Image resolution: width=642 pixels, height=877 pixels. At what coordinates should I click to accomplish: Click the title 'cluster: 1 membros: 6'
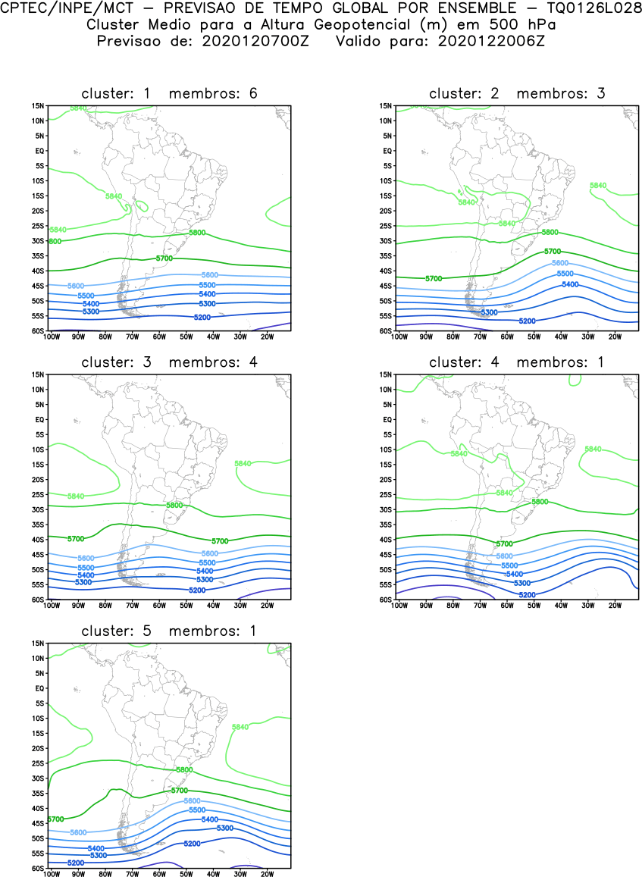[170, 93]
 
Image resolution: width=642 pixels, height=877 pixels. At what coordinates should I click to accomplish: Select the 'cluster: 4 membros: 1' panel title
[517, 362]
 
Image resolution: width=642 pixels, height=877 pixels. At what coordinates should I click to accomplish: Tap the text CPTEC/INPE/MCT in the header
[56, 8]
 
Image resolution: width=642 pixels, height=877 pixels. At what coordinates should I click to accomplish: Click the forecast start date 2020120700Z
[252, 41]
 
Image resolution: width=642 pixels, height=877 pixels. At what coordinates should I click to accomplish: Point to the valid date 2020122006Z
[491, 41]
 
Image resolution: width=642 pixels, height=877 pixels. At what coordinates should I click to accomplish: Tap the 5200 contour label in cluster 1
[202, 317]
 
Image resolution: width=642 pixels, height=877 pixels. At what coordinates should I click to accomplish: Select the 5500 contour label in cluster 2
[565, 274]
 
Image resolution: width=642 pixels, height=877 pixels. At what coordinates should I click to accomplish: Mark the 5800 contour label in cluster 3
[174, 505]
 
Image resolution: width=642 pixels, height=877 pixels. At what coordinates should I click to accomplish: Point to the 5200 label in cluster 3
[197, 590]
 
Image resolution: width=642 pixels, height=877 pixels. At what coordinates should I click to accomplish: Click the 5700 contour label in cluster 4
[505, 543]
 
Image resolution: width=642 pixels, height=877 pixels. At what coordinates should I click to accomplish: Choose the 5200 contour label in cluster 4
[528, 595]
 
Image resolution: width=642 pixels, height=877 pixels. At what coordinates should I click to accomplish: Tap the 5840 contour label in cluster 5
[240, 727]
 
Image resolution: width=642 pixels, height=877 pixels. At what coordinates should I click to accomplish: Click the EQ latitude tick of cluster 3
[39, 419]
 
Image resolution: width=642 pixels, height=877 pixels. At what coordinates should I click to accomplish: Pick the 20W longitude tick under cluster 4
[615, 605]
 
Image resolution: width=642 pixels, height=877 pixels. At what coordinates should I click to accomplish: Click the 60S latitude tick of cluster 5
[38, 869]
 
